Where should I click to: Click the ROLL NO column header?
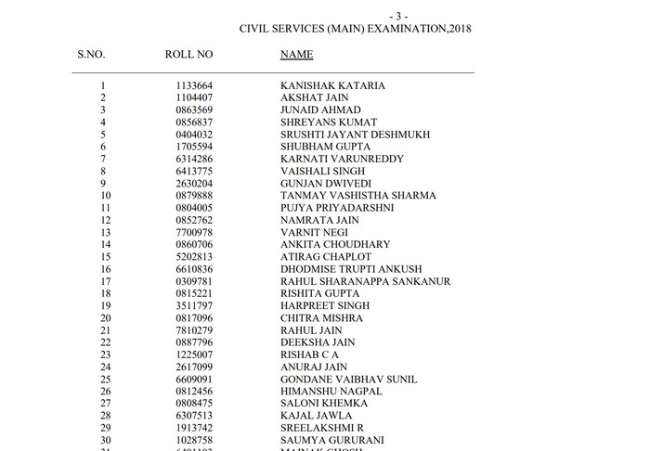click(x=188, y=55)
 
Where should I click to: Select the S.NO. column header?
click(x=91, y=55)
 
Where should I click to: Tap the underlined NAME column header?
click(x=296, y=55)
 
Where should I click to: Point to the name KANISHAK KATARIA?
click(x=332, y=86)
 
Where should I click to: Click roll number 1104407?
click(x=194, y=98)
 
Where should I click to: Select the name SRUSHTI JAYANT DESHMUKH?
click(x=355, y=135)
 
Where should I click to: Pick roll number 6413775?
click(x=194, y=172)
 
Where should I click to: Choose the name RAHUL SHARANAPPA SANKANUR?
click(x=365, y=281)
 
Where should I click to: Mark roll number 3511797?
click(x=194, y=305)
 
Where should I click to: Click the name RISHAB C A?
click(x=309, y=354)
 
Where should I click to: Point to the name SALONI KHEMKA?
click(x=324, y=403)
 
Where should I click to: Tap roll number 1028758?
click(x=194, y=440)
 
